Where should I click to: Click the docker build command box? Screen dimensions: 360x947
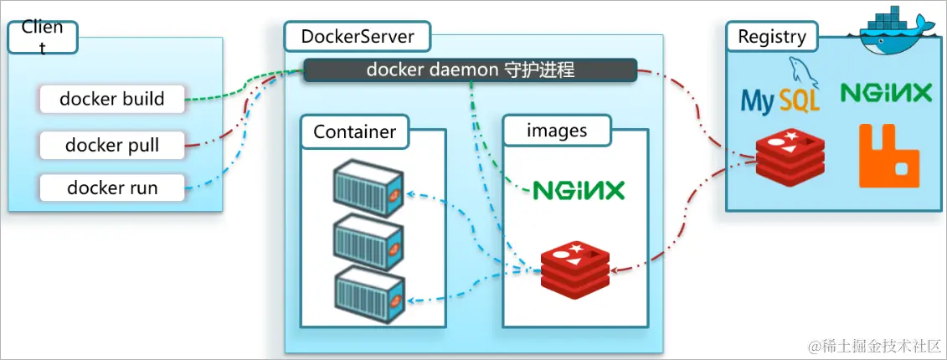(x=111, y=99)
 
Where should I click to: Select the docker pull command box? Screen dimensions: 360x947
(x=111, y=146)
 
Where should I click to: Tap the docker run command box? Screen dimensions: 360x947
(x=111, y=188)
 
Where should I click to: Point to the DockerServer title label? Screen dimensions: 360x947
(x=357, y=37)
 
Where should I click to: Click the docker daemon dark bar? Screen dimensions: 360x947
(x=470, y=70)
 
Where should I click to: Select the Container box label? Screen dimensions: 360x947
(x=354, y=132)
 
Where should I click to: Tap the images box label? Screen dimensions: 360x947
(x=556, y=131)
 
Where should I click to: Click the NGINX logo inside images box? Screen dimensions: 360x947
(x=579, y=190)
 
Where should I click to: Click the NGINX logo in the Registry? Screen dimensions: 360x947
(x=886, y=92)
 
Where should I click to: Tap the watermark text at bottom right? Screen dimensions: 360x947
(x=874, y=344)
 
